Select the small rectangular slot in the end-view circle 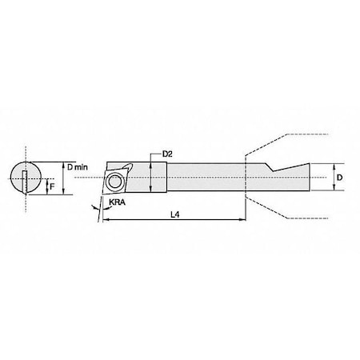coord(26,180)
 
